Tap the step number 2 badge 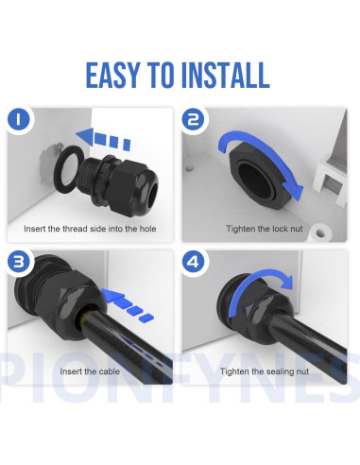[x=194, y=121]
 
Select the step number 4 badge [x=194, y=262]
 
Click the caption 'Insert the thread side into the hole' [x=91, y=230]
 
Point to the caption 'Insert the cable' [x=91, y=371]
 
